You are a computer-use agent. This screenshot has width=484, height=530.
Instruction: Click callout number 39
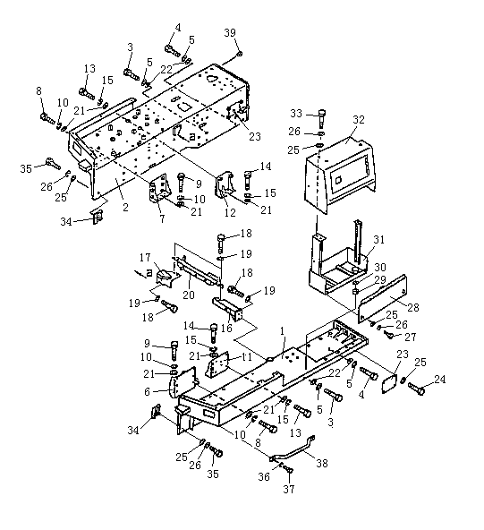point(230,33)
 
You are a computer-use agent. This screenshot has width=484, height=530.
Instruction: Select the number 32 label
point(359,120)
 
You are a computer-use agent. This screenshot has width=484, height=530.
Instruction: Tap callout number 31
point(378,240)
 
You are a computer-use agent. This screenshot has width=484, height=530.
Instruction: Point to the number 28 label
point(413,307)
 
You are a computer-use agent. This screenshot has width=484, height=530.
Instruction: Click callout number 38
point(322,463)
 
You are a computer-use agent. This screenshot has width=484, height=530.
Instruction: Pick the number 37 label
point(289,489)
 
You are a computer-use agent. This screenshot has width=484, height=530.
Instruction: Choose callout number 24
point(440,380)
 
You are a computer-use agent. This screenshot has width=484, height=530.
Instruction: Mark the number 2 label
point(125,207)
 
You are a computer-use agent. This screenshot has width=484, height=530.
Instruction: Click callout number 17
point(145,258)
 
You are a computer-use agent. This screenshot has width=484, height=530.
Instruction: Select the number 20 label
point(189,295)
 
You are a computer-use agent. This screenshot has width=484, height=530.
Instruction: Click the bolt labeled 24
point(416,389)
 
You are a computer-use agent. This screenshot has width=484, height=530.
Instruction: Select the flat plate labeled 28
point(383,299)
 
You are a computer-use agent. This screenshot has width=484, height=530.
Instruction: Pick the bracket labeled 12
point(225,187)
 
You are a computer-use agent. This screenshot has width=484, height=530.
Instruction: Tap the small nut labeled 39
point(239,54)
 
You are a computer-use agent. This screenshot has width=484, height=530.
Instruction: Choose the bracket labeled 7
point(158,188)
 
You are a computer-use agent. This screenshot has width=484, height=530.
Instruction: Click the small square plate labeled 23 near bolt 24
point(388,383)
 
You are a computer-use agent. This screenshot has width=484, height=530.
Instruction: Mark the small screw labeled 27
point(389,334)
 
